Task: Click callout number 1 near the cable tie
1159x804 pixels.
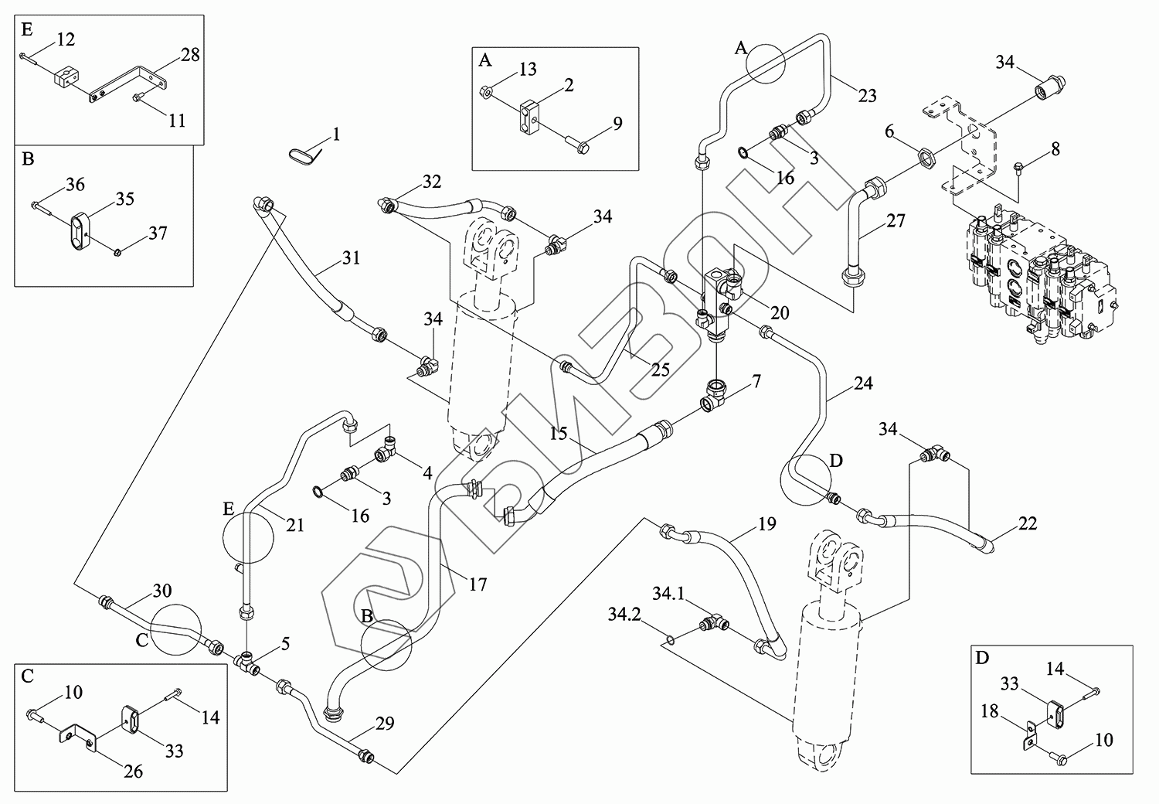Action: [336, 135]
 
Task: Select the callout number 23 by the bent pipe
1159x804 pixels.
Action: [868, 96]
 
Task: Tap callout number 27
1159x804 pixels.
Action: [896, 220]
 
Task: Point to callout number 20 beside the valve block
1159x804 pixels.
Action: [780, 312]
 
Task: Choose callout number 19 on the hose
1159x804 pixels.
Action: [766, 526]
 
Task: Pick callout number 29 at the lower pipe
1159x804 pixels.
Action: [385, 724]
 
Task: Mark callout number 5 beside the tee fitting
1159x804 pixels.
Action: [285, 643]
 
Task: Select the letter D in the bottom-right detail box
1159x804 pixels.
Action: [982, 659]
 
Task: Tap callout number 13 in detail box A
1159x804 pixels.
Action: [528, 70]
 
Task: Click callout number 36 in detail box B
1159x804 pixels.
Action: [75, 185]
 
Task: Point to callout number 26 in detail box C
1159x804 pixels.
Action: [134, 771]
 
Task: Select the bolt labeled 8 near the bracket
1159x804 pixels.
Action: [1019, 166]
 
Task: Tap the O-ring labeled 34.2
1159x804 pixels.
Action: [671, 639]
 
